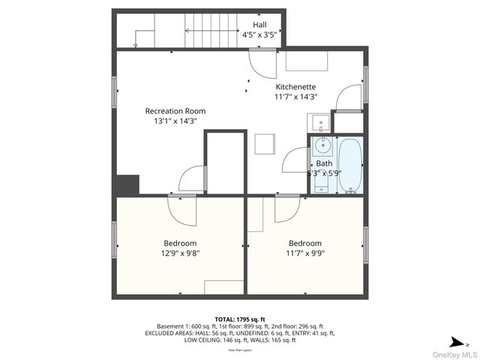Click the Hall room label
tap(259, 25)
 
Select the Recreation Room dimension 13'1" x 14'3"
tap(175, 121)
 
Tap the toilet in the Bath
tap(322, 180)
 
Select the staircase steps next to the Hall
tap(211, 31)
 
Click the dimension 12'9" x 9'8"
tap(180, 253)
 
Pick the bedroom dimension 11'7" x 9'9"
tap(305, 253)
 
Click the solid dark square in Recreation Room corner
tap(128, 185)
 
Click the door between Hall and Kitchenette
tap(262, 64)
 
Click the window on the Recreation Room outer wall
tap(115, 91)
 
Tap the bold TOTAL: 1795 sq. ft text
tap(240, 319)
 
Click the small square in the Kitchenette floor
tap(264, 143)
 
